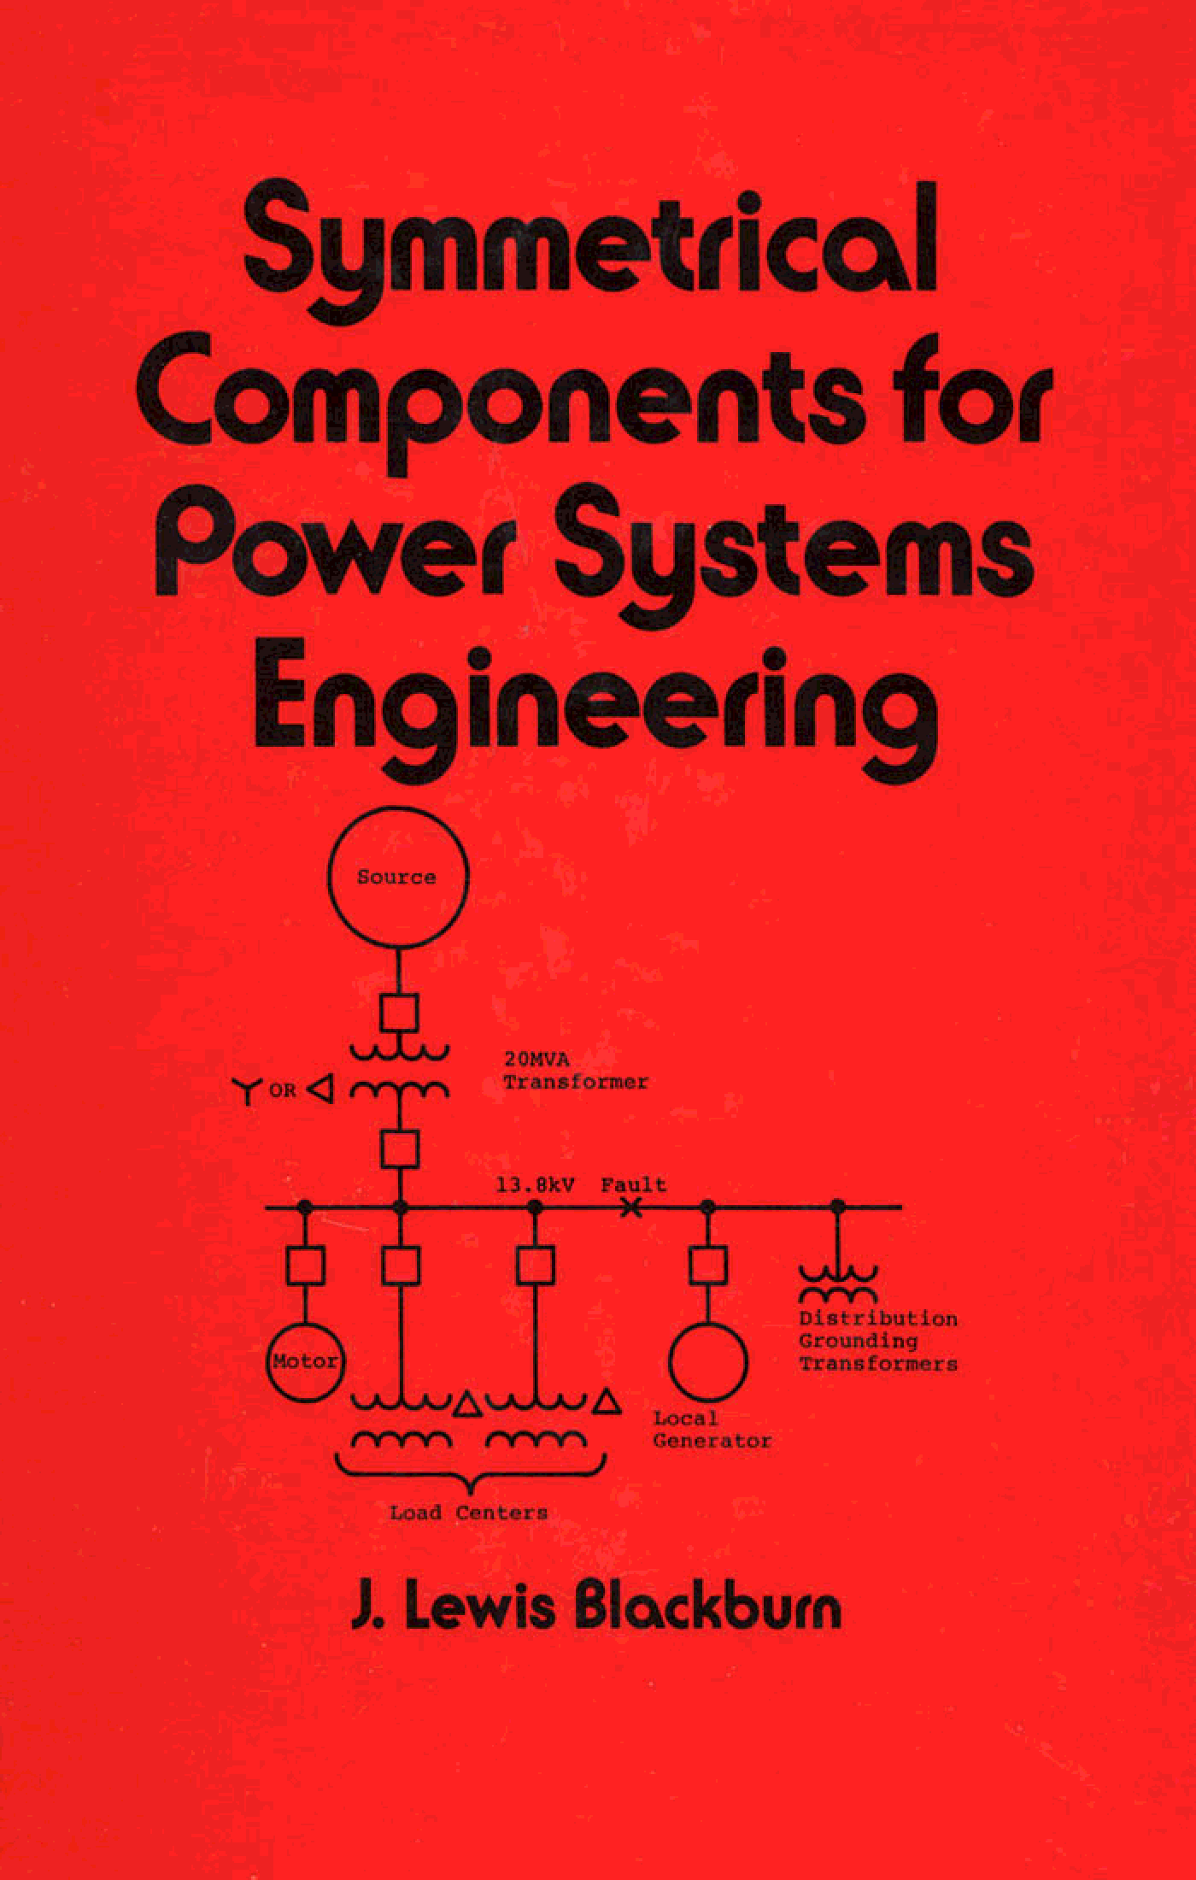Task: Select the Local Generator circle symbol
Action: (x=708, y=1361)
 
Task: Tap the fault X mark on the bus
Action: (x=630, y=1207)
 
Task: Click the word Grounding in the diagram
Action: (x=846, y=1341)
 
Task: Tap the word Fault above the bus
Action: (x=633, y=1185)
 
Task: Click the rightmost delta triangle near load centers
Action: (x=607, y=1402)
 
